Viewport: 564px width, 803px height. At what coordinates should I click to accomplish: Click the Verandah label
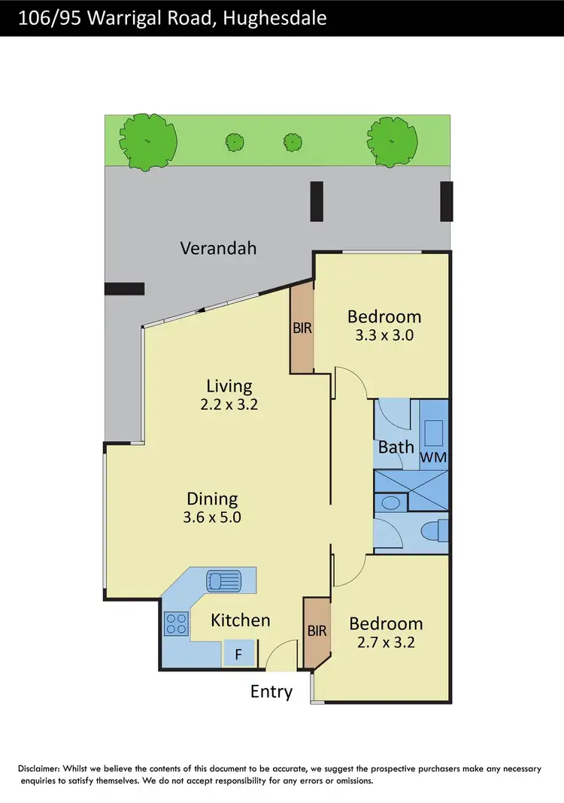(218, 247)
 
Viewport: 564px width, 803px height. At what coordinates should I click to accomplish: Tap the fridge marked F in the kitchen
(238, 654)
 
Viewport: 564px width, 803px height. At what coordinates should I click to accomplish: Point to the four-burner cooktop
(176, 623)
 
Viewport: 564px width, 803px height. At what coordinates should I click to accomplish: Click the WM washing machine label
(434, 457)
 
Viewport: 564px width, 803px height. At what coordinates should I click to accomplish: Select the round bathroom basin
(390, 503)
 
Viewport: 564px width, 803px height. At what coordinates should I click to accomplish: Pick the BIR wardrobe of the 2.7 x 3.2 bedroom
(317, 632)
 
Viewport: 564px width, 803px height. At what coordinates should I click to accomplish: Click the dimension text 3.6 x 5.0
(213, 517)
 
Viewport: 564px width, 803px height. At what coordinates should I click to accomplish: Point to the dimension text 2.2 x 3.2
(229, 405)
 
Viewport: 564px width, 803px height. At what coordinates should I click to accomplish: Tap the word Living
(229, 386)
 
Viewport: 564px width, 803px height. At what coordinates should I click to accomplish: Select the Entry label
(271, 692)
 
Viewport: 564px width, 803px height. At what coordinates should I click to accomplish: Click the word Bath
(396, 447)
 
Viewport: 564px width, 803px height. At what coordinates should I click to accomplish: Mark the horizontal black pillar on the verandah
(124, 288)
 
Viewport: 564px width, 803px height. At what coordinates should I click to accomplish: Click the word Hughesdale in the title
(274, 18)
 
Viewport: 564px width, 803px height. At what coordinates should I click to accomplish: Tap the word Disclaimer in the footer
(41, 769)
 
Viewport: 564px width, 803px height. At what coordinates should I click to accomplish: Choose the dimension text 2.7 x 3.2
(386, 643)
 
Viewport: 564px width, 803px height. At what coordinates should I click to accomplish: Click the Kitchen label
(240, 620)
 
